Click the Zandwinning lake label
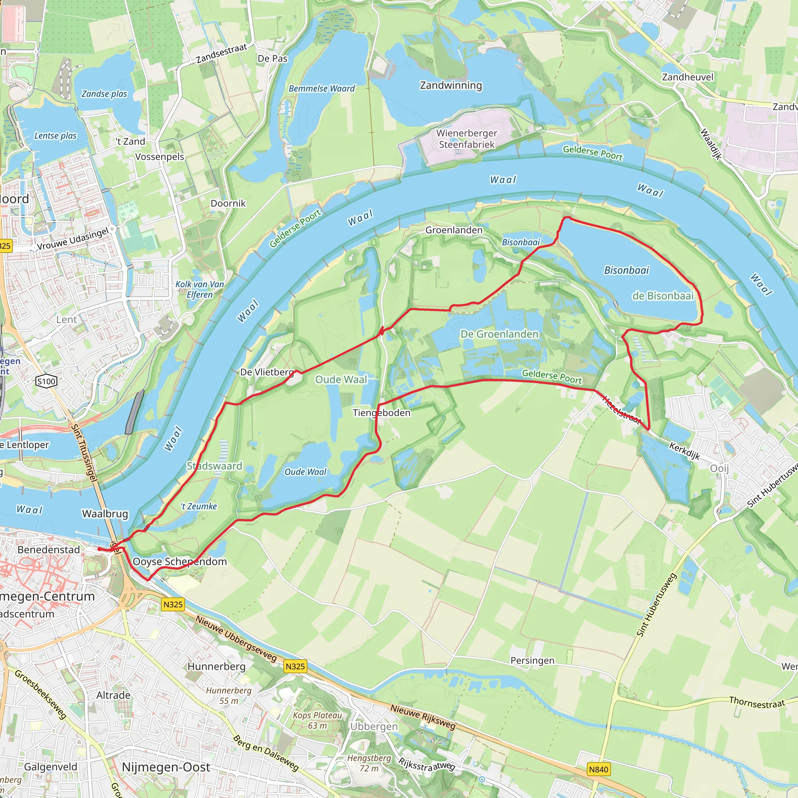[x=451, y=85]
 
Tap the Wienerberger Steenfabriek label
[x=467, y=139]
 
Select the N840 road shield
[x=598, y=769]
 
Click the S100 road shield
[x=46, y=381]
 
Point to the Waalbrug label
[x=105, y=514]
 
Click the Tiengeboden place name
[x=381, y=413]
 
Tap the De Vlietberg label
[x=267, y=372]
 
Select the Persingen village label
[x=532, y=660]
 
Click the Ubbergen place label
[x=374, y=726]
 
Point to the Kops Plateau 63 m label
[x=317, y=720]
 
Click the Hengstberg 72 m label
[x=369, y=763]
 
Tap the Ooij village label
[x=719, y=468]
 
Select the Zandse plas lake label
[x=104, y=94]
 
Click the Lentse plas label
[x=55, y=136]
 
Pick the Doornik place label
[x=228, y=203]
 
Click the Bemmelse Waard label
[x=321, y=88]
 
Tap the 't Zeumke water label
[x=199, y=507]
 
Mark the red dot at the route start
[x=99, y=549]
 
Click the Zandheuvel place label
[x=687, y=77]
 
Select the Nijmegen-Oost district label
[x=166, y=767]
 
